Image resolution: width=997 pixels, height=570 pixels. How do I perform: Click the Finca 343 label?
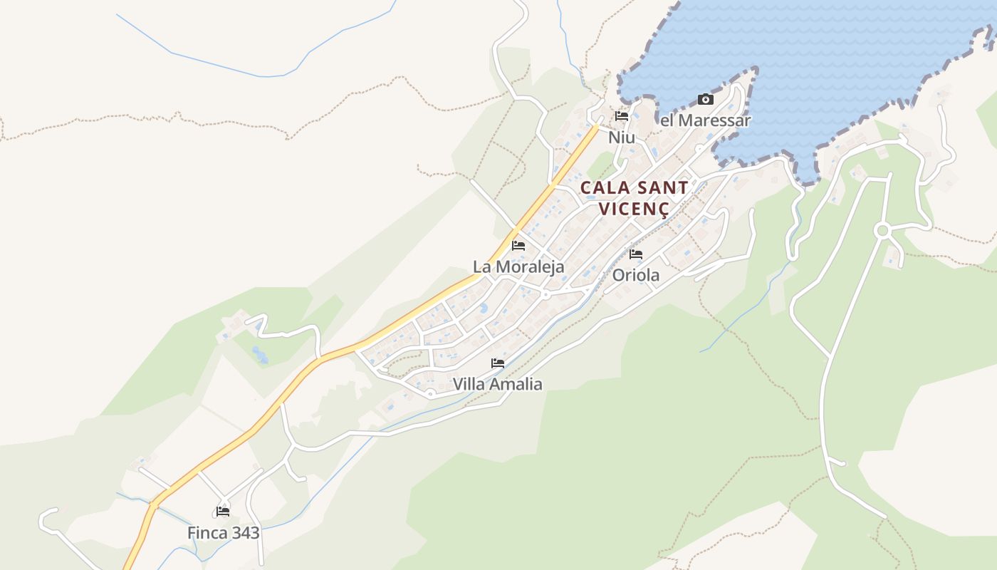pyautogui.click(x=223, y=533)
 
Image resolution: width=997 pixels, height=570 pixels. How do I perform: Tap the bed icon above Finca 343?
pyautogui.click(x=223, y=512)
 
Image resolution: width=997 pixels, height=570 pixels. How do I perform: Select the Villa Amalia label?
pyautogui.click(x=497, y=385)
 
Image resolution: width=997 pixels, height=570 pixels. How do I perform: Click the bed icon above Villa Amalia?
pyautogui.click(x=498, y=363)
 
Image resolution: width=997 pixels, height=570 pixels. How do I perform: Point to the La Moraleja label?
pyautogui.click(x=518, y=267)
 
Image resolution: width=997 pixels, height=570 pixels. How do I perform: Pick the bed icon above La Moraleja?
pyautogui.click(x=518, y=246)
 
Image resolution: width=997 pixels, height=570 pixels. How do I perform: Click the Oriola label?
pyautogui.click(x=636, y=275)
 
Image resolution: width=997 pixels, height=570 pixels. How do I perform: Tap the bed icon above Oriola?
pyautogui.click(x=636, y=254)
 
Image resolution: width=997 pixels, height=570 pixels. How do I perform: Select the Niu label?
pyautogui.click(x=622, y=138)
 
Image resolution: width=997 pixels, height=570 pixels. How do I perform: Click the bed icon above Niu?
pyautogui.click(x=622, y=116)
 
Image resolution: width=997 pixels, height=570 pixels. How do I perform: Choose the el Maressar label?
pyautogui.click(x=705, y=120)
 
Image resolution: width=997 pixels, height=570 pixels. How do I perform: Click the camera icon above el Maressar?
pyautogui.click(x=706, y=100)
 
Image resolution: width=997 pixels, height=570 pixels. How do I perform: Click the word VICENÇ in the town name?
pyautogui.click(x=634, y=209)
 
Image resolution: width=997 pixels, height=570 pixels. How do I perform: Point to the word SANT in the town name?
pyautogui.click(x=663, y=188)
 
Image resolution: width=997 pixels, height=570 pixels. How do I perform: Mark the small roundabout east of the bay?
pyautogui.click(x=883, y=230)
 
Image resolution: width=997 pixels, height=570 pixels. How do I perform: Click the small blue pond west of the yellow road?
pyautogui.click(x=260, y=354)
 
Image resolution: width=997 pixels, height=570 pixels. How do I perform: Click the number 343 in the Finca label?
pyautogui.click(x=244, y=533)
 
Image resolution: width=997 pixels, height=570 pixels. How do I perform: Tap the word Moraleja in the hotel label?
pyautogui.click(x=531, y=267)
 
